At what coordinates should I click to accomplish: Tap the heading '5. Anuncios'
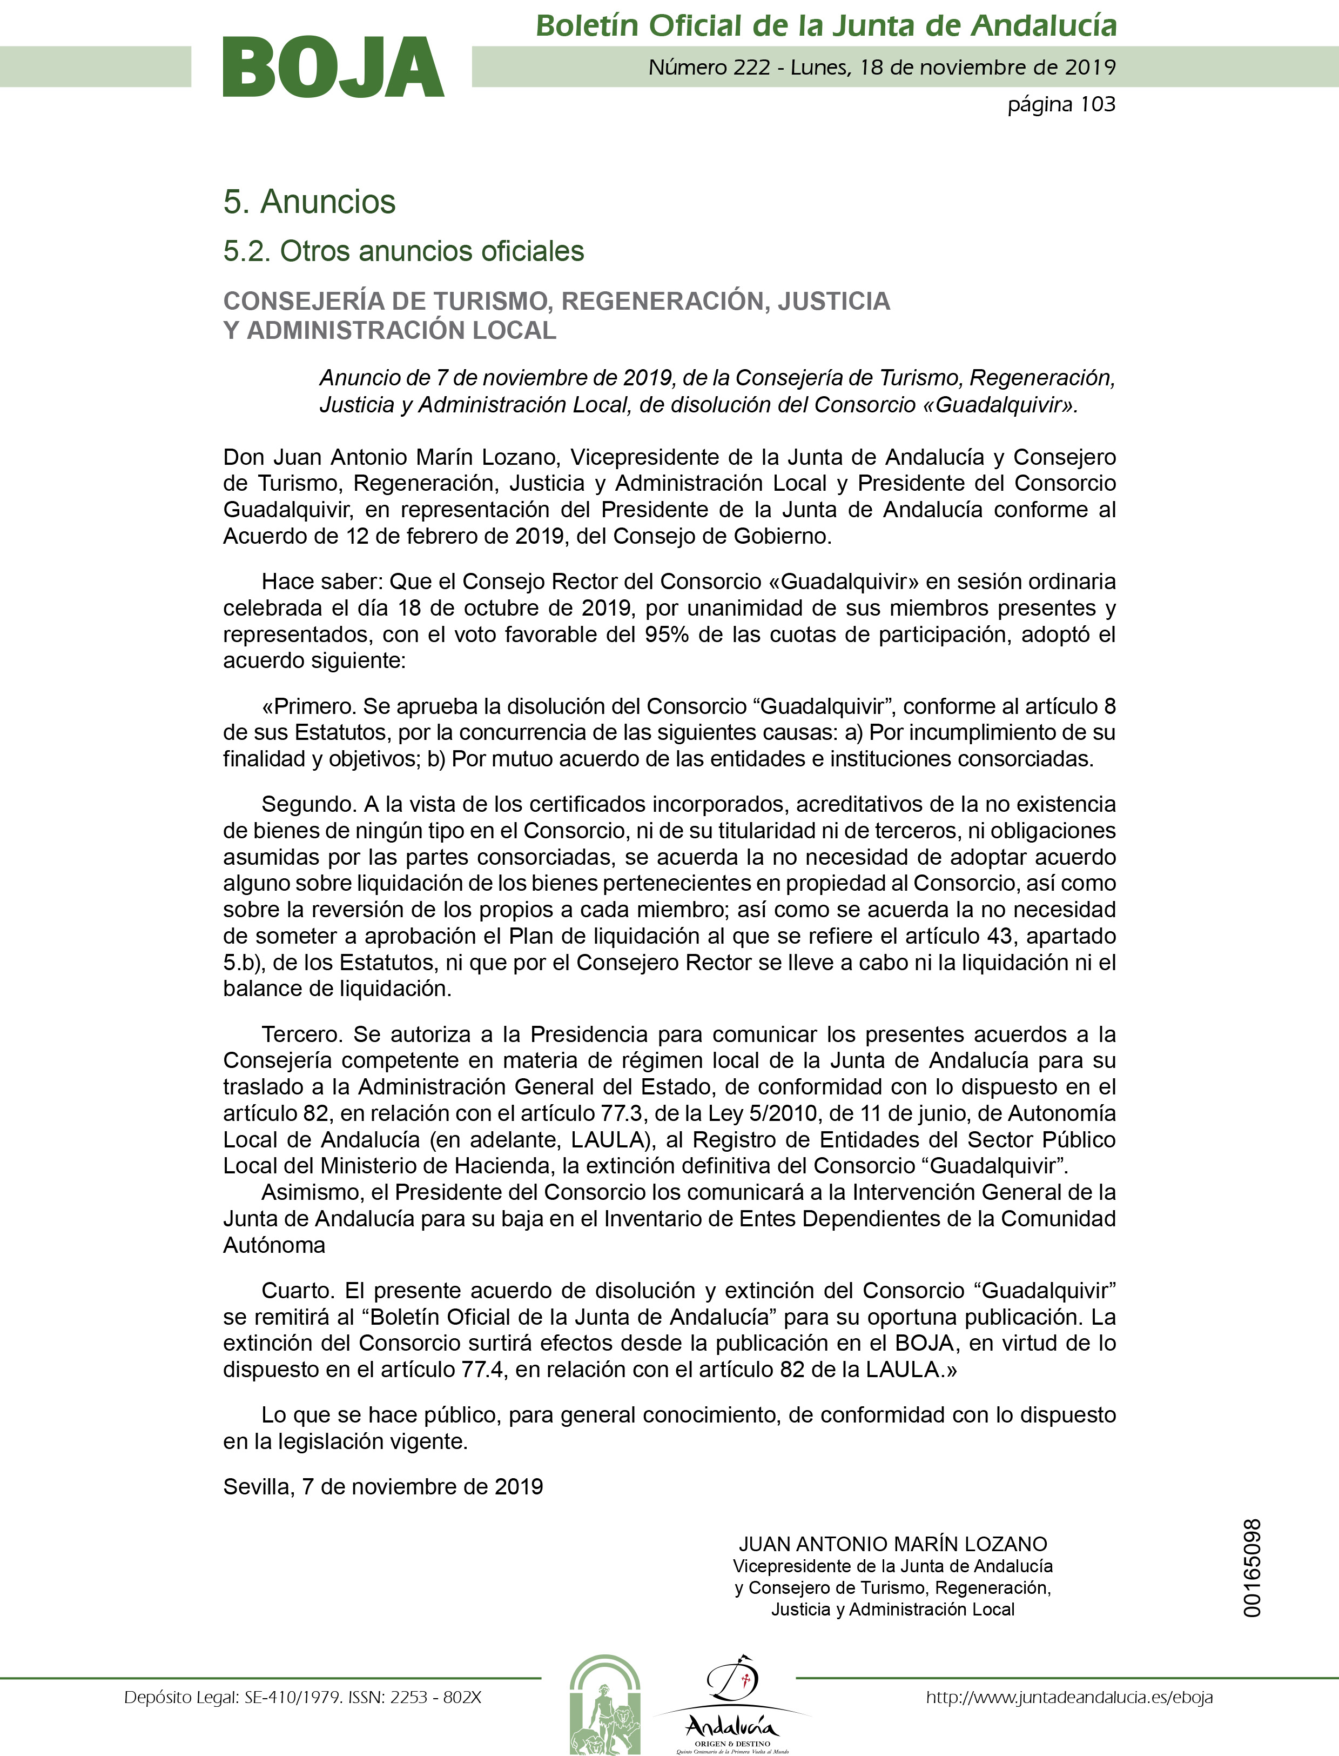coord(309,202)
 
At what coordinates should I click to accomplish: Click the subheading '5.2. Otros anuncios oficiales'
coord(403,251)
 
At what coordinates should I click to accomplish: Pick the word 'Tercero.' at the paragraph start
coord(302,1034)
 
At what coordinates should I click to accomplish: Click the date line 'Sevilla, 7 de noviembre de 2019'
coord(382,1486)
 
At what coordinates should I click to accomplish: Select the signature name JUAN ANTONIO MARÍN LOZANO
coord(893,1544)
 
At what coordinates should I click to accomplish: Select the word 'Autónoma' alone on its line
coord(274,1245)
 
